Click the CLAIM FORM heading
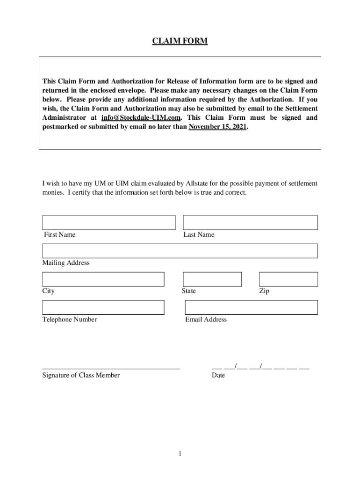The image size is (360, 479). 180,42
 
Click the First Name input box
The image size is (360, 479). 109,223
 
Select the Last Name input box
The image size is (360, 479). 250,223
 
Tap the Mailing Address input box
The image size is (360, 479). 180,251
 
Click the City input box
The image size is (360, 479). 103,279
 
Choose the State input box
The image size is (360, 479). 212,279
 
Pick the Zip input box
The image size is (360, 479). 288,279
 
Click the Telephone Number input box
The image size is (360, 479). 103,307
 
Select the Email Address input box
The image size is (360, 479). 251,307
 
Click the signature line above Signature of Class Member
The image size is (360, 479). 111,369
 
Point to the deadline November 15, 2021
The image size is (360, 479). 217,127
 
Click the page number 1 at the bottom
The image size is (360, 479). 180,454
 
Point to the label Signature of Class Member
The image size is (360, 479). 81,375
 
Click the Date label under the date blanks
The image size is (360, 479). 218,375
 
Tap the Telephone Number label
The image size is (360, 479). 70,319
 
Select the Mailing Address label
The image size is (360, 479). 66,263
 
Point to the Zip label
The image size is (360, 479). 264,291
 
